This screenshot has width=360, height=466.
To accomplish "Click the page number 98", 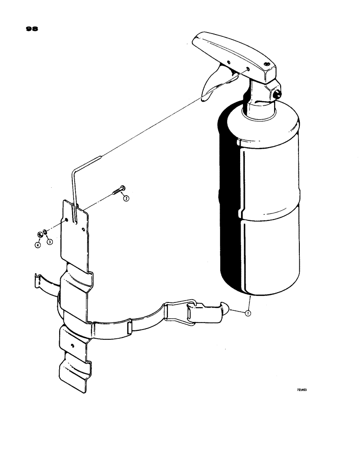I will point(31,29).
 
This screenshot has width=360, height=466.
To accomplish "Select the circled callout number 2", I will point(125,198).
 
